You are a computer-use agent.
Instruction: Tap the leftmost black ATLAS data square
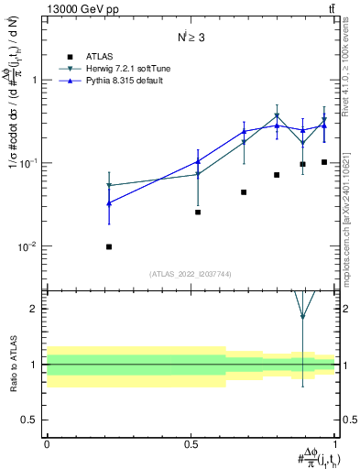coord(109,246)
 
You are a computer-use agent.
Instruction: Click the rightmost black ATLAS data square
coord(324,162)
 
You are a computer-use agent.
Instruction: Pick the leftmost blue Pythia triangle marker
coord(109,202)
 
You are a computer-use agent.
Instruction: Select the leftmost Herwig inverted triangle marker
coord(109,186)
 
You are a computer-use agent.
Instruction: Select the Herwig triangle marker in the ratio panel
coord(302,317)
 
